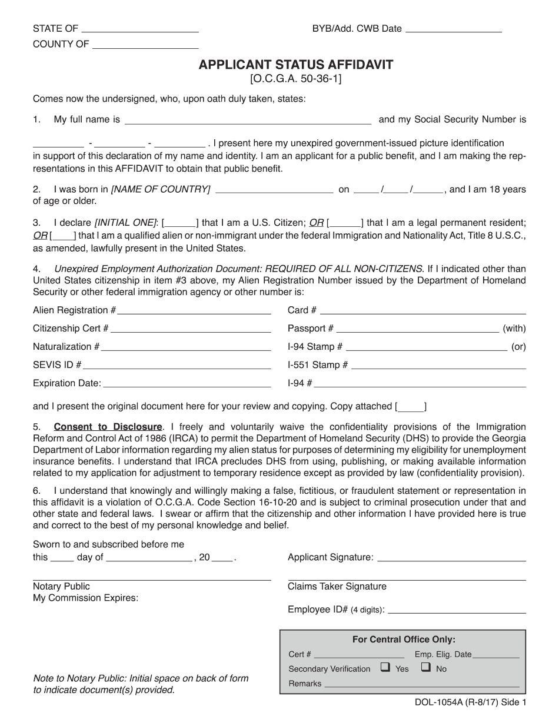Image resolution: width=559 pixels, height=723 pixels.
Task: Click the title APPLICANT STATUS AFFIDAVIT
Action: pos(295,65)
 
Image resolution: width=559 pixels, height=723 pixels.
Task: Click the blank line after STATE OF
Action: pos(139,29)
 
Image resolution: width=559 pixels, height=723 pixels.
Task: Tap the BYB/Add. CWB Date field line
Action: pos(454,29)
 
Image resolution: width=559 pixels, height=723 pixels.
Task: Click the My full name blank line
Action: pos(248,122)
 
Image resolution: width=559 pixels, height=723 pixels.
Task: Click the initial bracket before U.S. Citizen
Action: pos(181,223)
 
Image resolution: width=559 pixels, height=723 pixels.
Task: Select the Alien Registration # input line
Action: pos(194,312)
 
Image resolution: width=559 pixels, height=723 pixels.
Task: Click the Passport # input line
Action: pos(417,330)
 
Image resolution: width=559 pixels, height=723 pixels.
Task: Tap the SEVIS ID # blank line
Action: pos(177,366)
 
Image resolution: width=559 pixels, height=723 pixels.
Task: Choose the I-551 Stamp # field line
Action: pos(438,366)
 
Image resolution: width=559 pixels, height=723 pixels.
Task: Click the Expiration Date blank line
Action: pos(187,385)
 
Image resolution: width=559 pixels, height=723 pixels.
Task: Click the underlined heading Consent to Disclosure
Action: pos(108,427)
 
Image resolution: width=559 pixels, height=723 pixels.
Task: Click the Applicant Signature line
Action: pos(451,558)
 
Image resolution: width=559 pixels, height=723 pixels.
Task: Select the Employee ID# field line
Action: pos(457,611)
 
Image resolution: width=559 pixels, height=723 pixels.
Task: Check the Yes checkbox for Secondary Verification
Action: pos(385,667)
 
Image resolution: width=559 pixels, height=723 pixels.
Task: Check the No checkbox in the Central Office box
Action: pos(426,667)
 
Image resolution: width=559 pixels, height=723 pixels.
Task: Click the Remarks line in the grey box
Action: pos(421,685)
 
